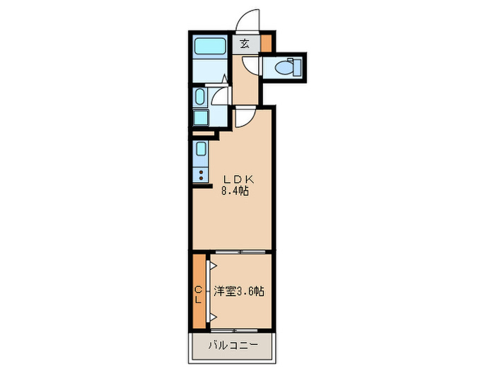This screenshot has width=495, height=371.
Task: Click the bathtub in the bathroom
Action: (x=209, y=47)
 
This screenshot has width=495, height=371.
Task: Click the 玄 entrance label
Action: (x=244, y=44)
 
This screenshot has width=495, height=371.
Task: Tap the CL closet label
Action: (x=198, y=293)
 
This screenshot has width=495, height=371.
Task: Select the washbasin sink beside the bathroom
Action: (x=200, y=97)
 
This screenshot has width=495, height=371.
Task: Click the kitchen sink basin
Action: (x=200, y=150)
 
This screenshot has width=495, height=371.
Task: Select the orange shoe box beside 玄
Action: (x=266, y=43)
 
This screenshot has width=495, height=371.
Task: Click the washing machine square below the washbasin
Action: (x=200, y=117)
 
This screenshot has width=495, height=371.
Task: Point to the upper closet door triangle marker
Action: (x=211, y=266)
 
